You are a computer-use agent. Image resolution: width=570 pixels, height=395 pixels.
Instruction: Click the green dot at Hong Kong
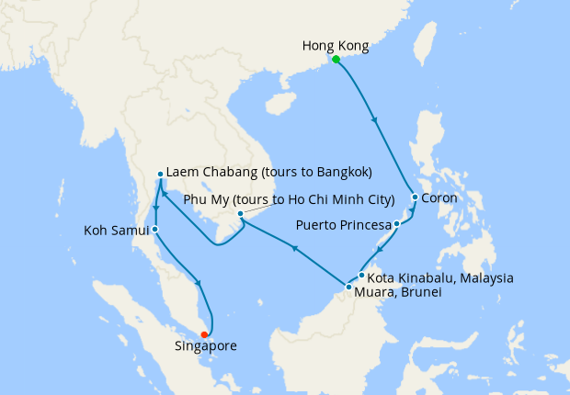pyautogui.click(x=336, y=60)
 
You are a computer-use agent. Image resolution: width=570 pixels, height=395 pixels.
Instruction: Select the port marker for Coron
pyautogui.click(x=416, y=197)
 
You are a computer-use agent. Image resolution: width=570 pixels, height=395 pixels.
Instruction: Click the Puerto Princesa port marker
pyautogui.click(x=396, y=224)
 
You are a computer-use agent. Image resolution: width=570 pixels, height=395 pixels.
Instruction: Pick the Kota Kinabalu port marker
pyautogui.click(x=362, y=276)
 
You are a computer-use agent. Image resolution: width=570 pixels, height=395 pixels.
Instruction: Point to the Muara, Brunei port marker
pyautogui.click(x=348, y=288)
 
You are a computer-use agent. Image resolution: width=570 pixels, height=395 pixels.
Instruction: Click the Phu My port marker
pyautogui.click(x=240, y=214)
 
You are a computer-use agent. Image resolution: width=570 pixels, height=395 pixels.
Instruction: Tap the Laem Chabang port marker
pyautogui.click(x=160, y=174)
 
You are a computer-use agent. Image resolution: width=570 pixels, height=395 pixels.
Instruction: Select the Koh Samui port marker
pyautogui.click(x=155, y=229)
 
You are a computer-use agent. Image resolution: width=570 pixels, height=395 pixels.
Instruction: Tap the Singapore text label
pyautogui.click(x=206, y=347)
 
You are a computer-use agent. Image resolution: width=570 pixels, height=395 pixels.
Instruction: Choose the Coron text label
pyautogui.click(x=439, y=197)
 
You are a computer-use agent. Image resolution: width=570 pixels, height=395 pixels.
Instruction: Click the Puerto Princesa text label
pyautogui.click(x=342, y=224)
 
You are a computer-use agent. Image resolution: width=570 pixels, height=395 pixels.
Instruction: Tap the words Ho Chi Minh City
pyautogui.click(x=341, y=199)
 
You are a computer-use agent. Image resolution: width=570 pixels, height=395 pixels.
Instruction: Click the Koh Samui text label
pyautogui.click(x=110, y=229)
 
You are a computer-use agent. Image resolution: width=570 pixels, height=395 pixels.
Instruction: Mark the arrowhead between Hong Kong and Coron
pyautogui.click(x=374, y=118)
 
